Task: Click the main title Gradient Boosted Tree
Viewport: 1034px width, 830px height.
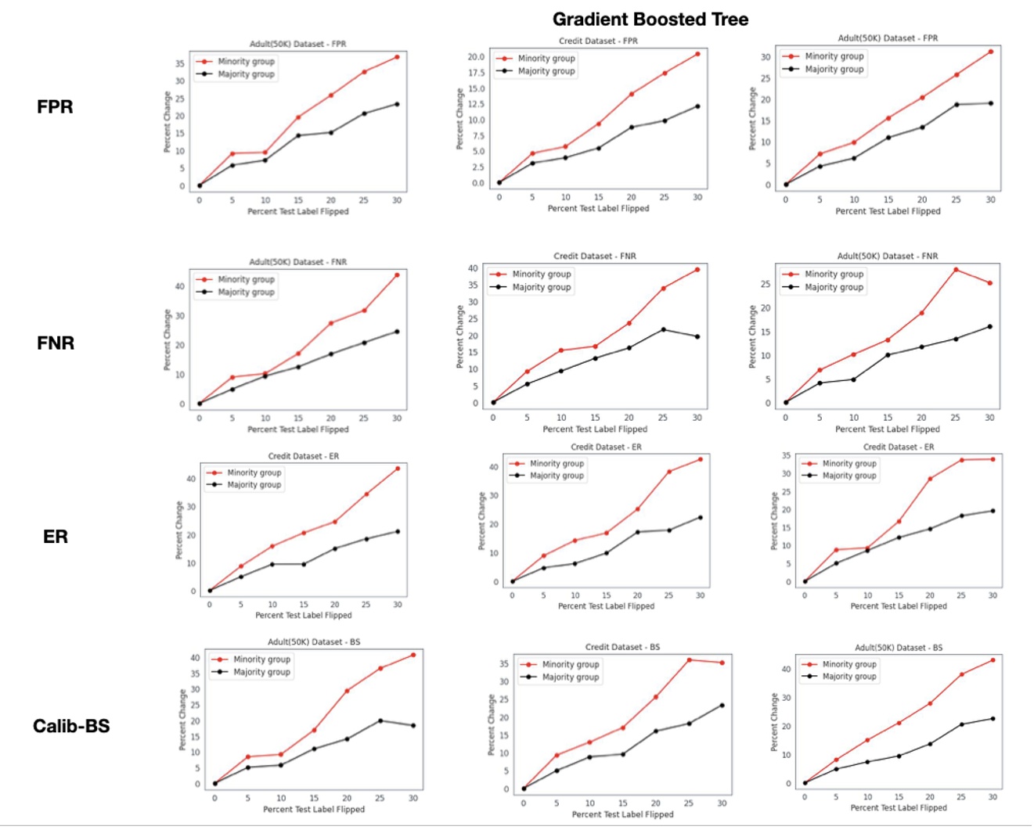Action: [x=650, y=20]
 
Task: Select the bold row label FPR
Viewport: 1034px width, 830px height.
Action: [x=55, y=106]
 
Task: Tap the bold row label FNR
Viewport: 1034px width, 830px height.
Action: [x=56, y=343]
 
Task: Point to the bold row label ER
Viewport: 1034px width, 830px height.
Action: [x=55, y=537]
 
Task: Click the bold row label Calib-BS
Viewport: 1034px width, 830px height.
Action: [x=71, y=726]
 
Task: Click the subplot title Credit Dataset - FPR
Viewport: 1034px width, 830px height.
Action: [x=598, y=41]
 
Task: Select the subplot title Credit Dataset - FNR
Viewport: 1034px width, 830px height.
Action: [x=594, y=256]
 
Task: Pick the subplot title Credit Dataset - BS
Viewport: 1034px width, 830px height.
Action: [x=622, y=647]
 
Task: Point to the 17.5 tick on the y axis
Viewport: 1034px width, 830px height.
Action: [x=476, y=73]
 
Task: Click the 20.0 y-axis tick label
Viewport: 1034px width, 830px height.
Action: [x=476, y=57]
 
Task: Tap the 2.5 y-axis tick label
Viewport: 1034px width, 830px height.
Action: [x=478, y=167]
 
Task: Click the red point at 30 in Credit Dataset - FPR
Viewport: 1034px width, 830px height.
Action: [x=697, y=54]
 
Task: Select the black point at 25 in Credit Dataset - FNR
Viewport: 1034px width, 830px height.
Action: [x=664, y=329]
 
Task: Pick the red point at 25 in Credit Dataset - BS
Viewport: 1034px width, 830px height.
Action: [x=689, y=660]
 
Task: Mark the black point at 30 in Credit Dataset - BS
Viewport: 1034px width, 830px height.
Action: [x=722, y=706]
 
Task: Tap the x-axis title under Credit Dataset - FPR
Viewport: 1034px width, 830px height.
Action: [x=598, y=209]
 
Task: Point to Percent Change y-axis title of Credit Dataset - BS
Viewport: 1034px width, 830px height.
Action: [x=492, y=724]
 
